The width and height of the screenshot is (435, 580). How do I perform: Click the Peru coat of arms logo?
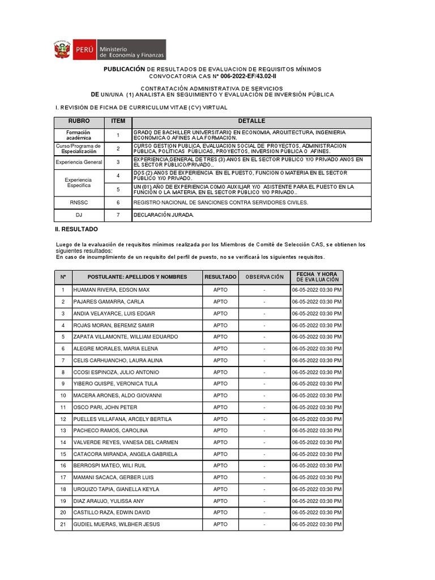coord(61,50)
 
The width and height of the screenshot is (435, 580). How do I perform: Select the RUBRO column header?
coord(79,122)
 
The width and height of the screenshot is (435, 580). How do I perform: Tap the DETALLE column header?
coord(251,122)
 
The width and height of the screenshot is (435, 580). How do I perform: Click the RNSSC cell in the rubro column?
coord(79,202)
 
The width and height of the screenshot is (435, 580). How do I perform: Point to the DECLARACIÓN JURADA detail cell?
coord(164,215)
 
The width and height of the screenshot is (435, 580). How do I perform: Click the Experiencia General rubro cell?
coord(79,162)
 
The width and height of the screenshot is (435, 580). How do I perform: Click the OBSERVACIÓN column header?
coord(264,277)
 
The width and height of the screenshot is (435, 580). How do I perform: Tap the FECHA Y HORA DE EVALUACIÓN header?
coord(317,277)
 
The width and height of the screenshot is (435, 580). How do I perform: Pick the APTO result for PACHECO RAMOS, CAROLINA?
coord(220,430)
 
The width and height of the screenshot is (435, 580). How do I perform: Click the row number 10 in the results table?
coord(63,395)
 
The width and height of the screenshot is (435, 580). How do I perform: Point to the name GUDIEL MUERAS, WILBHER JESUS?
coord(117,524)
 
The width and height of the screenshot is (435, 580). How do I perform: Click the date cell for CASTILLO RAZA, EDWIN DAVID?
coord(317,513)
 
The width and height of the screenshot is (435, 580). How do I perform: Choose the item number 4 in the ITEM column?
coord(118,176)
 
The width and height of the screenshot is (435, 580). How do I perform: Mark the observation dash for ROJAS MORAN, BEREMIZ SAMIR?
coord(264,325)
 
